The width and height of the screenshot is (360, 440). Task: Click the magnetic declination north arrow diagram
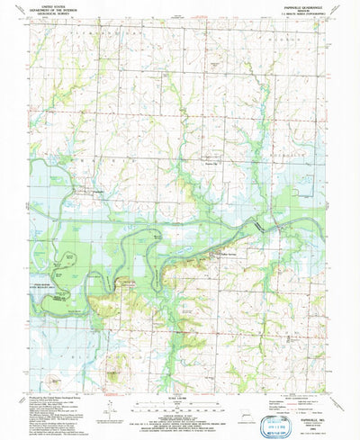108,410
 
